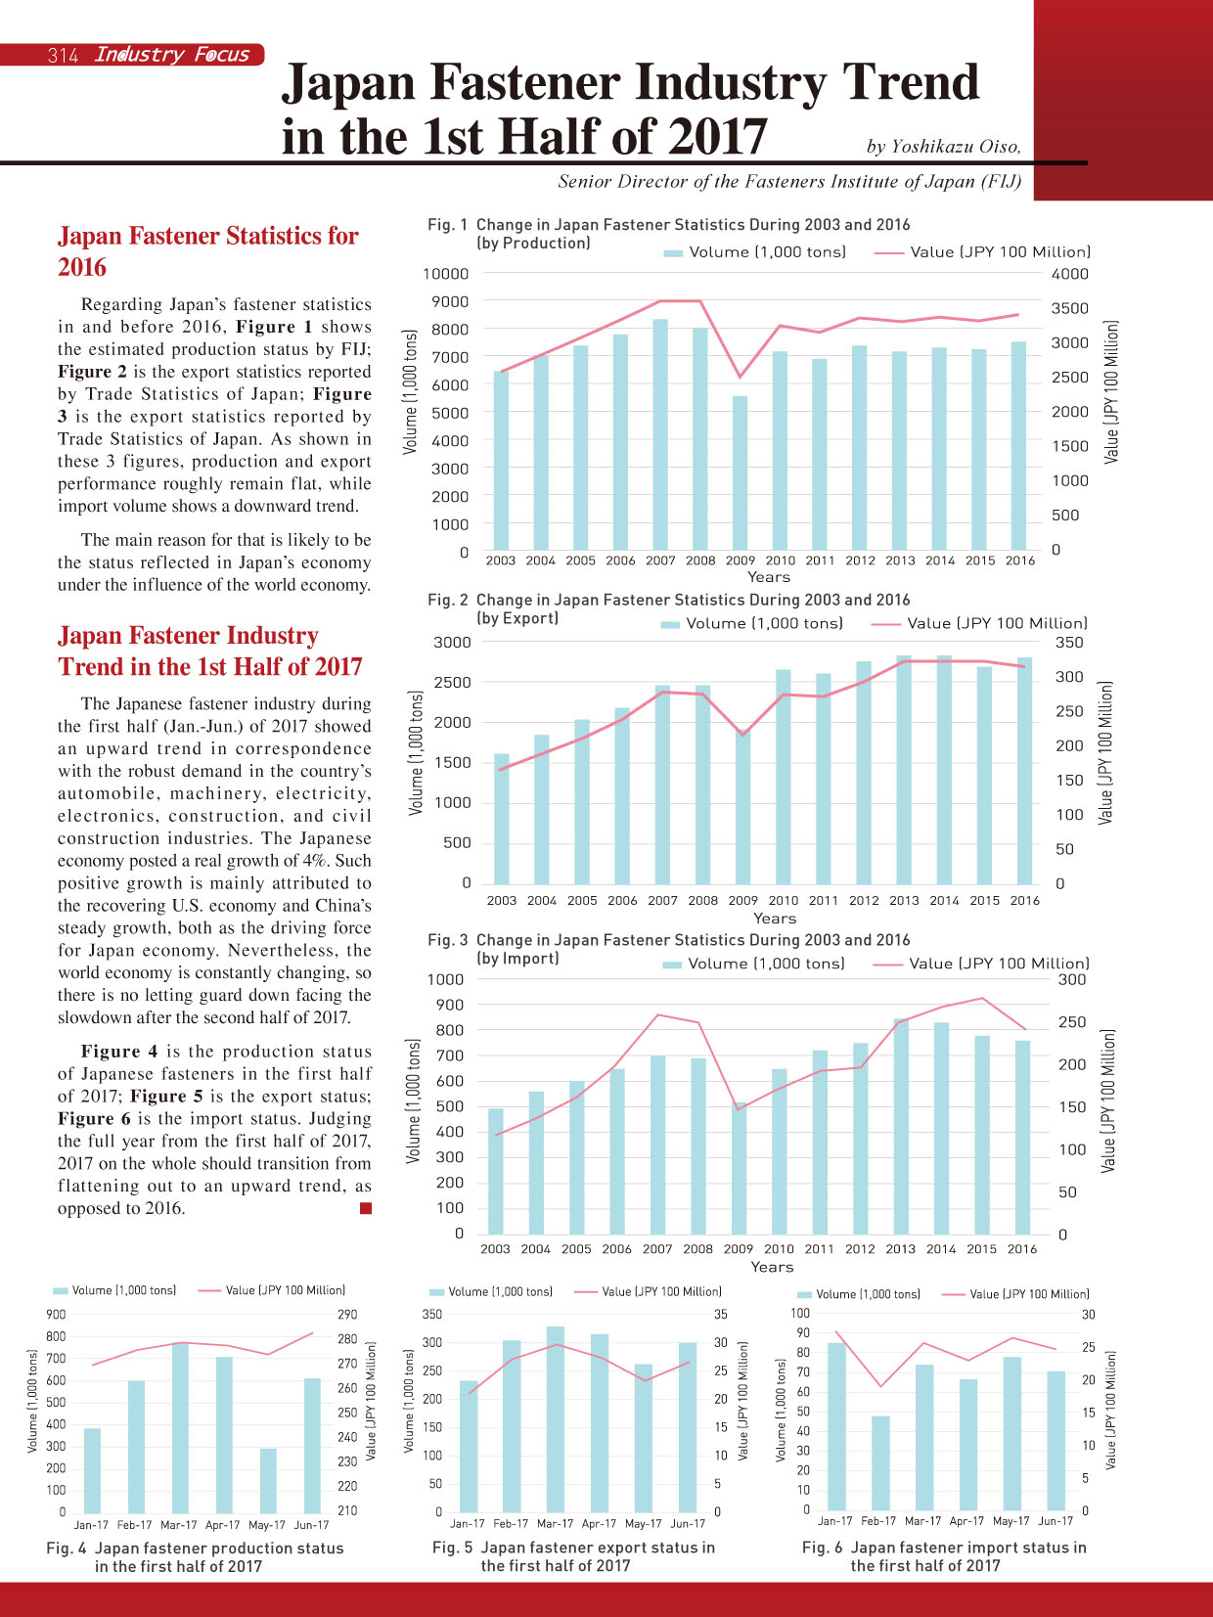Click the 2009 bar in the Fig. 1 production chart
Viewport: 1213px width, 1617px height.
tap(740, 472)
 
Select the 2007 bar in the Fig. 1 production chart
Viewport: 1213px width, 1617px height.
tap(660, 434)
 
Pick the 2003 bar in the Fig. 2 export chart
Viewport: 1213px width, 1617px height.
tap(502, 819)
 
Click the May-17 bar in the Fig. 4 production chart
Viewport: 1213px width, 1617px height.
tap(268, 1481)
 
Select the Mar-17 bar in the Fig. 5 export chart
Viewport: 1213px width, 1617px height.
tap(556, 1419)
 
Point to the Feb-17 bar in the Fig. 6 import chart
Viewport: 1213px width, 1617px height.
tap(880, 1463)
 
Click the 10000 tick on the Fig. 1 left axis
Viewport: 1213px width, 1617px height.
tap(445, 274)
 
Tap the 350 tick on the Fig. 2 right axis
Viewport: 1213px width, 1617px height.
tap(1069, 643)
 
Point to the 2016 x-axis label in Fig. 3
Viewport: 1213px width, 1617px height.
tap(1021, 1248)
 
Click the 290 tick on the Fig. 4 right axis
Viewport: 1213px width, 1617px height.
tap(347, 1314)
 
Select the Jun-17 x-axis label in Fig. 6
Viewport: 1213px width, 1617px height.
tap(1056, 1520)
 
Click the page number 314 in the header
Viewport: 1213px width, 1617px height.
tap(64, 55)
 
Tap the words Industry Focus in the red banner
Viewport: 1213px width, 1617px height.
tap(172, 55)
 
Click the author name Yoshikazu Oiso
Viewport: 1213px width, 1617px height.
tap(955, 147)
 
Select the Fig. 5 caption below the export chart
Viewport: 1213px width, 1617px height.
tap(573, 1555)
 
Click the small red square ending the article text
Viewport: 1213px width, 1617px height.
tap(365, 1208)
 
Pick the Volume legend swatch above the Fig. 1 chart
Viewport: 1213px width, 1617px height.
tap(673, 252)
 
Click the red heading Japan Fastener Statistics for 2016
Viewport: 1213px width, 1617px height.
tap(208, 251)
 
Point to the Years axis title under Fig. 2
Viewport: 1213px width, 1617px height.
tap(774, 918)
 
